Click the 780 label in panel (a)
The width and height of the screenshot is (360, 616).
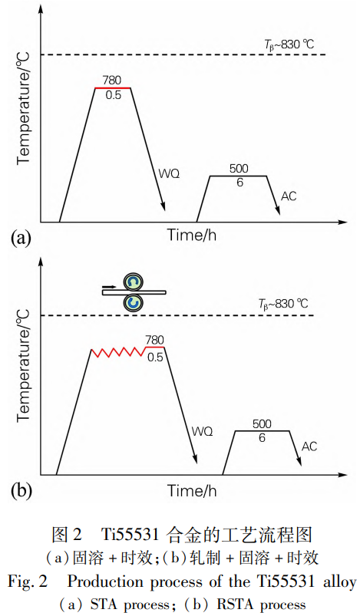point(111,80)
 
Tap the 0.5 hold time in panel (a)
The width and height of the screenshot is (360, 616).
point(113,95)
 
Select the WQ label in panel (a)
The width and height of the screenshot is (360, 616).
point(169,173)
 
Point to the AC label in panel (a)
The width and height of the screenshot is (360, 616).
point(289,196)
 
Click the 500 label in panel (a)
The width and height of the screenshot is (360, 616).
point(239,169)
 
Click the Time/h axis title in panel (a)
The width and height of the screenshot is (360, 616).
point(192,235)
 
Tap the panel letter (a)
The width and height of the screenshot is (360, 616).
point(21,238)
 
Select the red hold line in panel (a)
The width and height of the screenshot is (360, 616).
point(112,88)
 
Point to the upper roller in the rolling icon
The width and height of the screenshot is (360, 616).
point(133,282)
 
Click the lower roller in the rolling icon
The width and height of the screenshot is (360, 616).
point(133,303)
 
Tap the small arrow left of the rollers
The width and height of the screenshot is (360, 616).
point(110,287)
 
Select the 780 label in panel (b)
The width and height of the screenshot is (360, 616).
point(154,340)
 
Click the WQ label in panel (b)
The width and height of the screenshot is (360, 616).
point(203,431)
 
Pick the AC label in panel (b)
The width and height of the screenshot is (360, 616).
point(309,446)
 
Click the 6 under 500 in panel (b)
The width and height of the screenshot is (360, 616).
point(263,437)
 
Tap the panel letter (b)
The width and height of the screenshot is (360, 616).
point(21,492)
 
